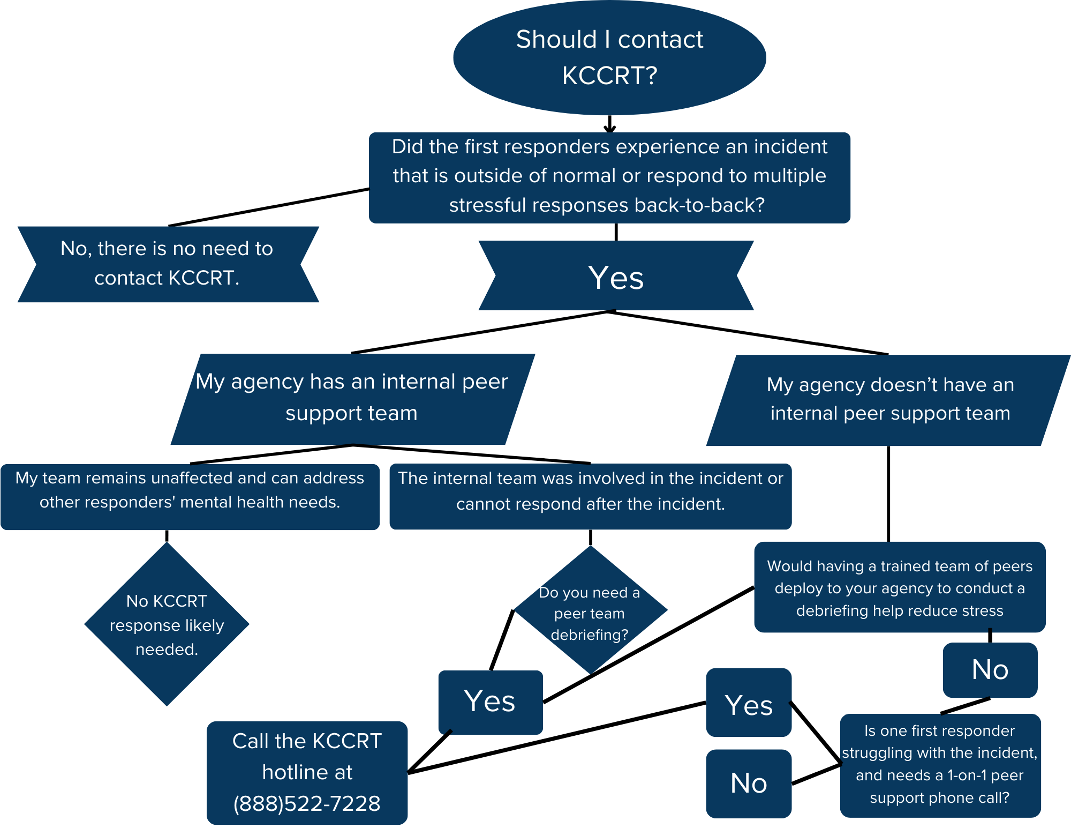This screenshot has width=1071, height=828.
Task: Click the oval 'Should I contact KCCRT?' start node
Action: pos(609,57)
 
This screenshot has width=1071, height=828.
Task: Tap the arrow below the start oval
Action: pos(609,124)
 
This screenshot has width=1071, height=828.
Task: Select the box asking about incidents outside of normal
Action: pos(609,177)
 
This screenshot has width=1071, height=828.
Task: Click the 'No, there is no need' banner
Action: pos(167,264)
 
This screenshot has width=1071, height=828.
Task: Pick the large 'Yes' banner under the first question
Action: pos(616,276)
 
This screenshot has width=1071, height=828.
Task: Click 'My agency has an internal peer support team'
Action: pos(352,398)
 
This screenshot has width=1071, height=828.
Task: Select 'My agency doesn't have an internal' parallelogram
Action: pos(889,400)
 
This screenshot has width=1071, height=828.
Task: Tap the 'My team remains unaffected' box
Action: pos(190,496)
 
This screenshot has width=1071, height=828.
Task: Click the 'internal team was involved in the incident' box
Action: pos(590,496)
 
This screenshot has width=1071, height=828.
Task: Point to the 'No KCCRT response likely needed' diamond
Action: pos(167,624)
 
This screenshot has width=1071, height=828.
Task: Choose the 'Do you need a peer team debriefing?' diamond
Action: pos(590,611)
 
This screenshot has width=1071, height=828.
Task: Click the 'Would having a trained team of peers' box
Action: pos(900,587)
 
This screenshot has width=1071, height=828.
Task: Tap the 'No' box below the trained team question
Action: pos(990,670)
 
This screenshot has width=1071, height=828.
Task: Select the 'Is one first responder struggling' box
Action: pos(940,765)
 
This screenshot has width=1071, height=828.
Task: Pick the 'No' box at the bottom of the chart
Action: pos(748,784)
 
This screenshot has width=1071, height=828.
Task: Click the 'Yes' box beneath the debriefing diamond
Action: pos(490,702)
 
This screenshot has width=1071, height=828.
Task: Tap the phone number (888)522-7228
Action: pos(307,803)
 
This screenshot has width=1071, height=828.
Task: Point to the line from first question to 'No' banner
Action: pos(268,207)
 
